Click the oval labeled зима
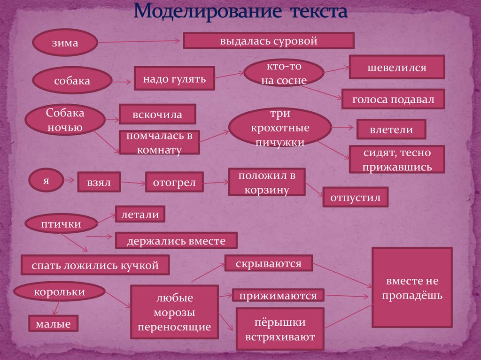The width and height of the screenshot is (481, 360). click(65, 43)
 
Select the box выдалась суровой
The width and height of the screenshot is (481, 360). click(268, 41)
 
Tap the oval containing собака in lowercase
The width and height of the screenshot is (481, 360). click(72, 81)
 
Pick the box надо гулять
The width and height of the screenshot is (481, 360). click(174, 78)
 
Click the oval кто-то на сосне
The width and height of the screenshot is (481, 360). click(284, 74)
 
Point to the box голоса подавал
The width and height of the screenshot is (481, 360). click(393, 99)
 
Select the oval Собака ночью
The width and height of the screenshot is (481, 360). click(65, 120)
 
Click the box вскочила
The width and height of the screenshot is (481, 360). click(157, 115)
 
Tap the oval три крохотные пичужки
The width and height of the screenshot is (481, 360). click(280, 128)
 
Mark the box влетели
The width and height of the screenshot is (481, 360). click(391, 130)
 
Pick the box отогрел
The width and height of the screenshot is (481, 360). click(174, 182)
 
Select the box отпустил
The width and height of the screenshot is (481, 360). click(356, 197)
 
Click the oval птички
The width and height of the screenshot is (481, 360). click(61, 224)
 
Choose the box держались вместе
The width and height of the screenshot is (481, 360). click(176, 241)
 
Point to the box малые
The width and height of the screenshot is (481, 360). click(53, 323)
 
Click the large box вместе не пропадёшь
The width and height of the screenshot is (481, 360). click(412, 288)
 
